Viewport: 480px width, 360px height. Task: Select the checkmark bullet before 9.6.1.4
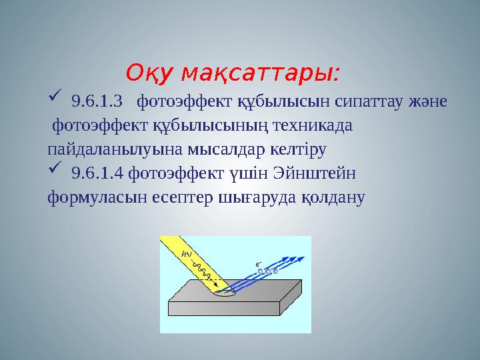(x=55, y=172)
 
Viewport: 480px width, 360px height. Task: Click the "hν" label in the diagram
(x=187, y=254)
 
